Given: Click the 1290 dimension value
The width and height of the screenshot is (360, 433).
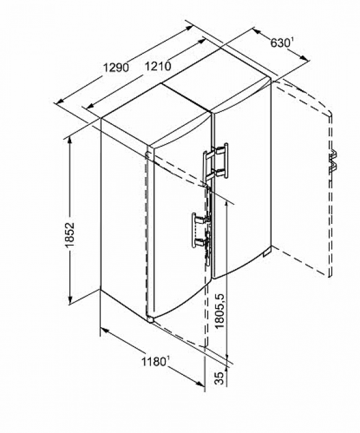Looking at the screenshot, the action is point(116,67).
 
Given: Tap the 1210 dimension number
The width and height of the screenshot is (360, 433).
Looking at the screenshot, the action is point(158,66).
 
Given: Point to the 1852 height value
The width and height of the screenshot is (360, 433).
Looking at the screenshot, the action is point(70,234).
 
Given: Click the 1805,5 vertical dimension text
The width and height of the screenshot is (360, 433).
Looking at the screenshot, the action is point(220,311).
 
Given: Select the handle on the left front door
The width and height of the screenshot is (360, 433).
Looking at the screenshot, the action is point(201,231).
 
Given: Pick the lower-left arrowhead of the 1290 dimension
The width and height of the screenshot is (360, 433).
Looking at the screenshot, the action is point(60,101).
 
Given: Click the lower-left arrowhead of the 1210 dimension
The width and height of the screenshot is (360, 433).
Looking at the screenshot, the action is point(90,106).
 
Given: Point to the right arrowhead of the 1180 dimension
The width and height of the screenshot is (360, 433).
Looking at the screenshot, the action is point(200,384).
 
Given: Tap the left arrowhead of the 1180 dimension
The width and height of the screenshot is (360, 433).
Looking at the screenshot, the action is point(105,330).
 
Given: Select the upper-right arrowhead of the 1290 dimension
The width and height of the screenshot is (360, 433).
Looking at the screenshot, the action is point(189,28).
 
